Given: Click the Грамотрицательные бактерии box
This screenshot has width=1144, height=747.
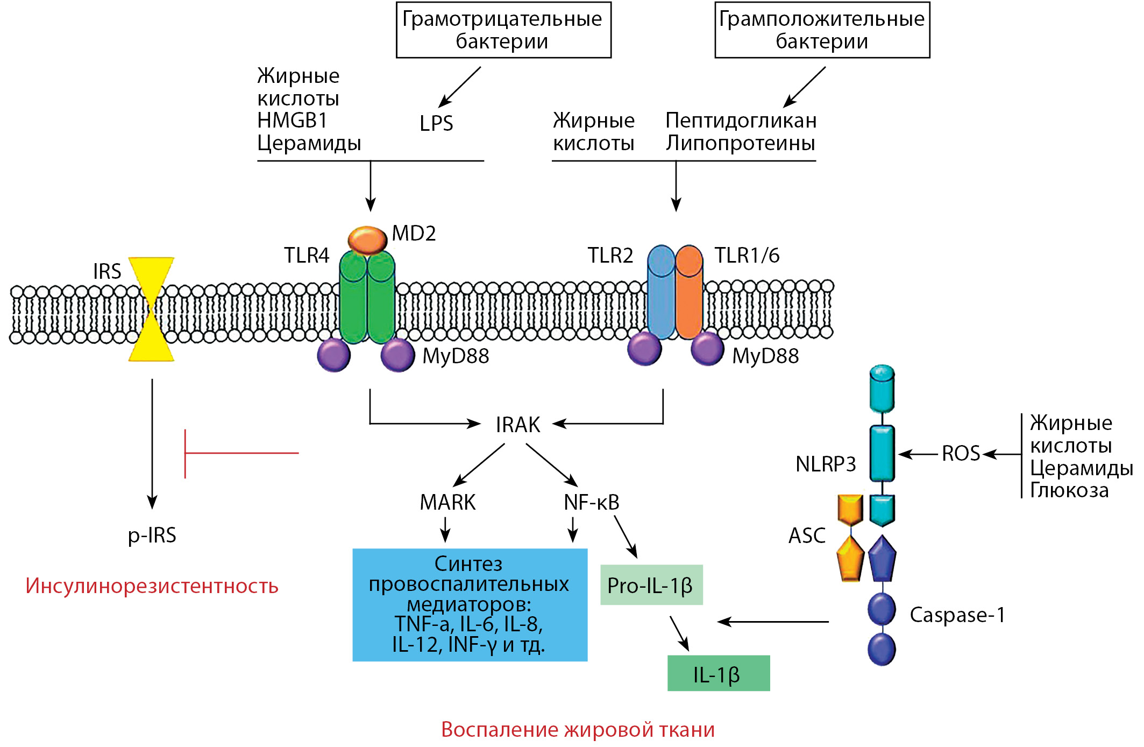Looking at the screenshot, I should tap(503, 30).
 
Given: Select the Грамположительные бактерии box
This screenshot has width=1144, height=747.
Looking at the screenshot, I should tap(822, 30).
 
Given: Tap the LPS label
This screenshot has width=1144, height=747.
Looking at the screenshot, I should tap(436, 124).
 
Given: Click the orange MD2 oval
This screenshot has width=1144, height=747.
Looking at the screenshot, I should tap(367, 239).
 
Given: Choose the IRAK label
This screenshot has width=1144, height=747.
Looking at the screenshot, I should tap(517, 425).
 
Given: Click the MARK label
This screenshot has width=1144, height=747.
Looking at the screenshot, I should tap(447, 502).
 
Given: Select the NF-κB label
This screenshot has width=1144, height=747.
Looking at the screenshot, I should tap(591, 502).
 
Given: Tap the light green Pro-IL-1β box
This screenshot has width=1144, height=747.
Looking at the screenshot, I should tap(651, 585).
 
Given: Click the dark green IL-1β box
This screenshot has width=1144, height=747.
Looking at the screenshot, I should tap(718, 673).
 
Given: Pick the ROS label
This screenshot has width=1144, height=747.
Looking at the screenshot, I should tap(961, 453).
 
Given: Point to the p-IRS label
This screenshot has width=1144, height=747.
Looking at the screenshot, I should tap(152, 535).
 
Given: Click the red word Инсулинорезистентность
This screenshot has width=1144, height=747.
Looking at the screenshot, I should tap(152, 586).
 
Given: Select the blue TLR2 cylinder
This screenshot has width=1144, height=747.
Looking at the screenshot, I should tap(661, 293).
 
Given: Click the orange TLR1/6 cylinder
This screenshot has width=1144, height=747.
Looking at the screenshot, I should tap(689, 293).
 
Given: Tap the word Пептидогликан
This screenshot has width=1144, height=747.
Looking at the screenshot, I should tap(741, 121).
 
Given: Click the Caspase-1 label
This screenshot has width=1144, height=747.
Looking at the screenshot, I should tap(957, 615).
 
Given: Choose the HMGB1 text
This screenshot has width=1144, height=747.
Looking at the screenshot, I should tap(292, 121).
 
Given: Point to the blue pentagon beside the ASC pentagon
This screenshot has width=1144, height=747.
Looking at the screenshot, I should tap(882, 559).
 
